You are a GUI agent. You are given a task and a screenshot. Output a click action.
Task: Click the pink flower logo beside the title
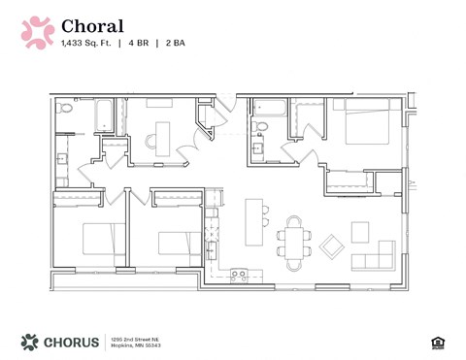38,31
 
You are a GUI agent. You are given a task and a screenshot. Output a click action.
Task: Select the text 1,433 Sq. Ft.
84,44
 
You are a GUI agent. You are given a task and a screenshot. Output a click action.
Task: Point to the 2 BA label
175,44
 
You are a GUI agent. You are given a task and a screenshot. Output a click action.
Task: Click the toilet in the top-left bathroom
65,110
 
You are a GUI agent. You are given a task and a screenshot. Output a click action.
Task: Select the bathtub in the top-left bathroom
102,115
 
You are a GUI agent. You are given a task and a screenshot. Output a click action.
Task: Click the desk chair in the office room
152,141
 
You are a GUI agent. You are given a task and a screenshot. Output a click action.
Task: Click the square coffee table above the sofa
360,232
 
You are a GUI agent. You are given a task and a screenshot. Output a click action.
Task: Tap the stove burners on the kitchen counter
238,275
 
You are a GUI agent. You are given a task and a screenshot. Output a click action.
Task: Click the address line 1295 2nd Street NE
135,337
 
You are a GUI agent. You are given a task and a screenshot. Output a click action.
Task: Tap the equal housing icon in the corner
436,342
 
